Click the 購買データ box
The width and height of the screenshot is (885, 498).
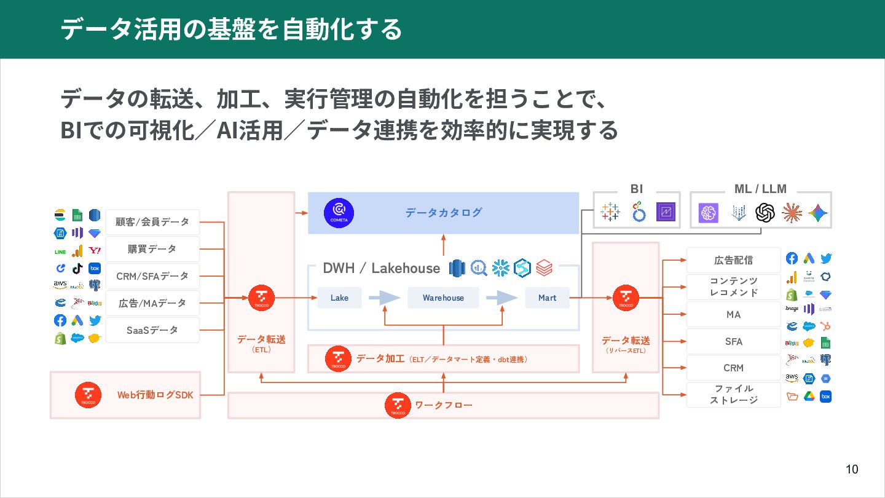(152, 249)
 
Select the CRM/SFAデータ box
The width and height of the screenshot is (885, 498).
(152, 276)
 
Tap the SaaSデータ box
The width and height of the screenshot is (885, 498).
(152, 330)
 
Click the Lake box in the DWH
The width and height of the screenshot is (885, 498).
(339, 298)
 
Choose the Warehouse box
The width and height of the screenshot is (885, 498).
(443, 298)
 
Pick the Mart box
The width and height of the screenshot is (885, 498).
(547, 298)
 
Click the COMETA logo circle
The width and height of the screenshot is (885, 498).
(339, 213)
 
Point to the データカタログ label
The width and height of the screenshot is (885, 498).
(443, 213)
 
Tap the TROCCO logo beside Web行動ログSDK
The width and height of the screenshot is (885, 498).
(88, 395)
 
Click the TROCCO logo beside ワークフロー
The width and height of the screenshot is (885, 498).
(398, 405)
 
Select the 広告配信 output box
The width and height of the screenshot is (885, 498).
(733, 260)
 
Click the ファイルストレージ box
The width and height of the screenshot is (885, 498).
(733, 394)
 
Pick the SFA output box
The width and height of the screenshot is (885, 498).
(733, 341)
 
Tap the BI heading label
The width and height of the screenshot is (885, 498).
(637, 189)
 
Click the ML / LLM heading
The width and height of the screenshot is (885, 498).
(760, 189)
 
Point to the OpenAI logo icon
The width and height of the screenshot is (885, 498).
(765, 213)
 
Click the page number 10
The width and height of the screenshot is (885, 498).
(852, 470)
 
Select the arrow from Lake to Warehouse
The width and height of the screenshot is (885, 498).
(384, 298)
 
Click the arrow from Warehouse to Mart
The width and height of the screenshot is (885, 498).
(502, 298)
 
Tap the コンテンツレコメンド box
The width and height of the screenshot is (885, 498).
(733, 287)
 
